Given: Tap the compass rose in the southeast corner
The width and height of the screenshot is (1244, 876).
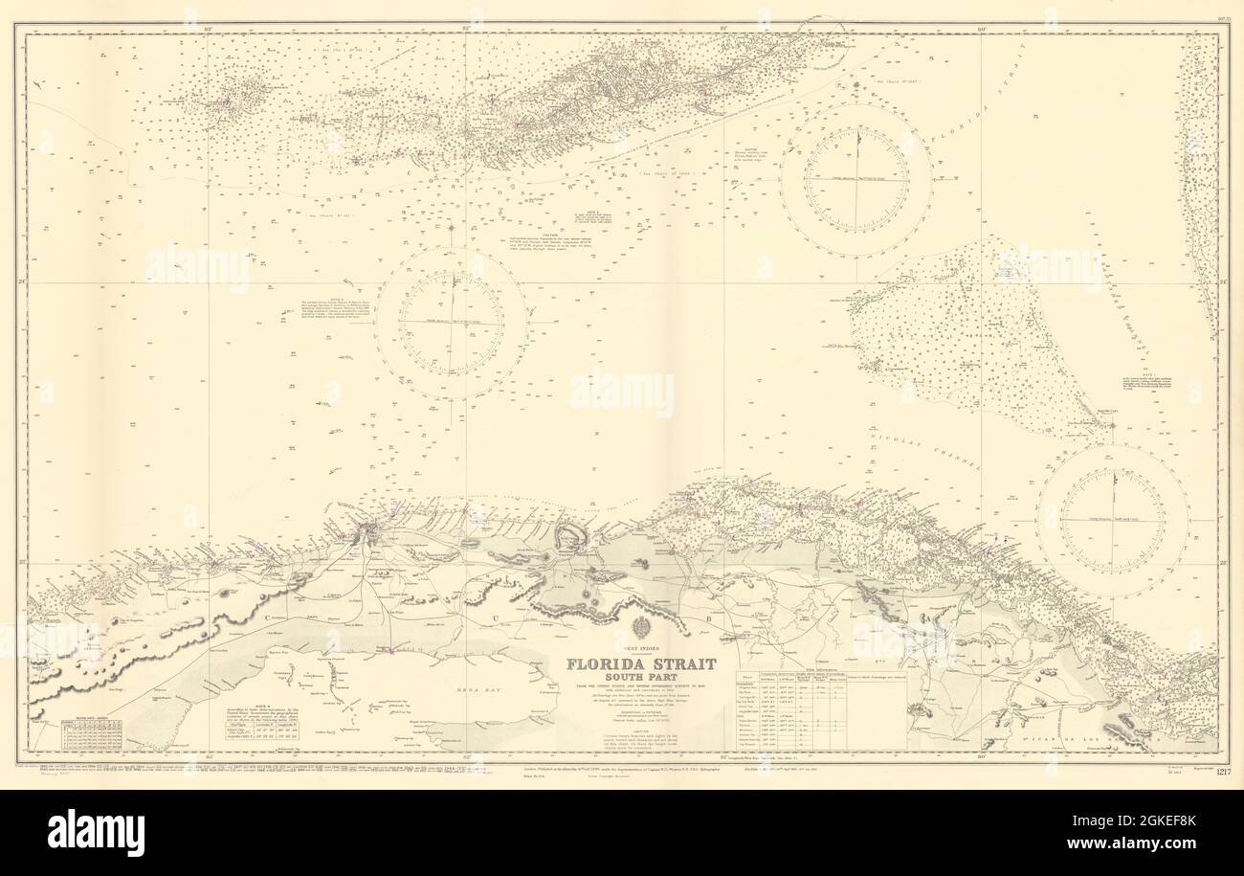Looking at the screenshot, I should (1112, 520).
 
